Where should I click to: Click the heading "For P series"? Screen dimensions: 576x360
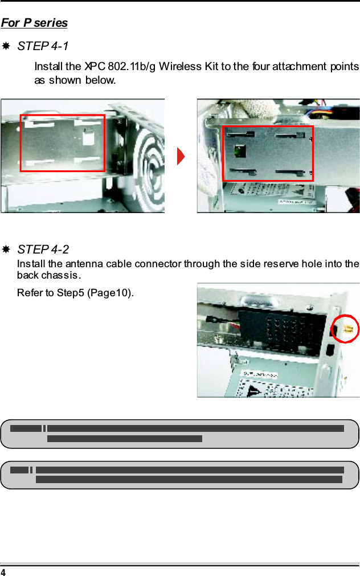34,23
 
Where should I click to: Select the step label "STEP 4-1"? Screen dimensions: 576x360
43,46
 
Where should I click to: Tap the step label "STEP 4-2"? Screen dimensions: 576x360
43,249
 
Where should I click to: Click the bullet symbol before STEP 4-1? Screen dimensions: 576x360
6,46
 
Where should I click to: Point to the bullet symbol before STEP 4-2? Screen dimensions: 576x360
6,249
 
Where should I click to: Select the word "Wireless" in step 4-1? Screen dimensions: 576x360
179,67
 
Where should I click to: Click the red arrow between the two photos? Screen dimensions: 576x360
181,156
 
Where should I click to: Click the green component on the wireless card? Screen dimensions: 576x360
240,152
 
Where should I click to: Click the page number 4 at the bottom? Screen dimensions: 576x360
3,571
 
